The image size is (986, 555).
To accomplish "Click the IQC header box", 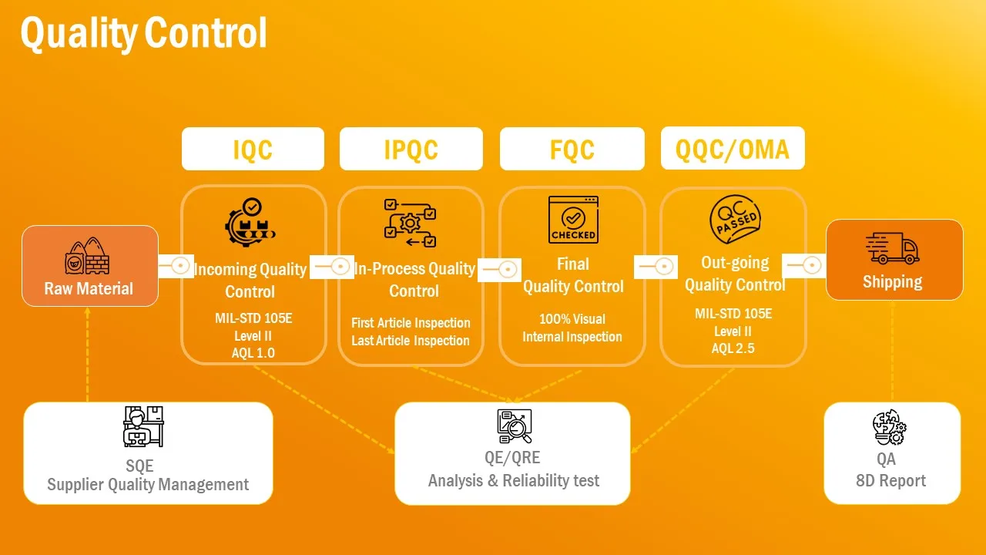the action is click(253, 149).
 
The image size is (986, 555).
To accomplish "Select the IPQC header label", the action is click(411, 150).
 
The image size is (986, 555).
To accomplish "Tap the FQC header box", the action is click(572, 149).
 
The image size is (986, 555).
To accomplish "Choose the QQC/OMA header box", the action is click(733, 148).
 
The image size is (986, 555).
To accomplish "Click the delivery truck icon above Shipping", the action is click(892, 248).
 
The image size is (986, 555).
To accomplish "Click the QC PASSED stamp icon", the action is click(735, 219).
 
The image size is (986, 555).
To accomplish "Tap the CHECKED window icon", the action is click(573, 220).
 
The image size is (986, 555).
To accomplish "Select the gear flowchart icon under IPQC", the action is click(410, 223).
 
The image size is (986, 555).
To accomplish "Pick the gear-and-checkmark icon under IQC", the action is click(250, 222).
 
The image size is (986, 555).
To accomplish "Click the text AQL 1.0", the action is click(253, 353).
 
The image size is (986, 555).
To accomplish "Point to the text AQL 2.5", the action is click(733, 348).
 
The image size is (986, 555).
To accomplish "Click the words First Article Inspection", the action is click(411, 323).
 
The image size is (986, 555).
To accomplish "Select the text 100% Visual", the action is click(572, 319).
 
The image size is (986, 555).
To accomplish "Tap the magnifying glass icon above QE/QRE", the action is click(514, 426).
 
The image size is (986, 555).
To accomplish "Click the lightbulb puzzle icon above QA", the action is click(889, 427).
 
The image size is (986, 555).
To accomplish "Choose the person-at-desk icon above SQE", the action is click(143, 426).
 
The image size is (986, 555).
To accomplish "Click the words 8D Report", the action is click(891, 481).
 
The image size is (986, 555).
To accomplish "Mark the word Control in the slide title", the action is click(206, 32).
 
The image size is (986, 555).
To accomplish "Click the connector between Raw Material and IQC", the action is click(176, 266).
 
